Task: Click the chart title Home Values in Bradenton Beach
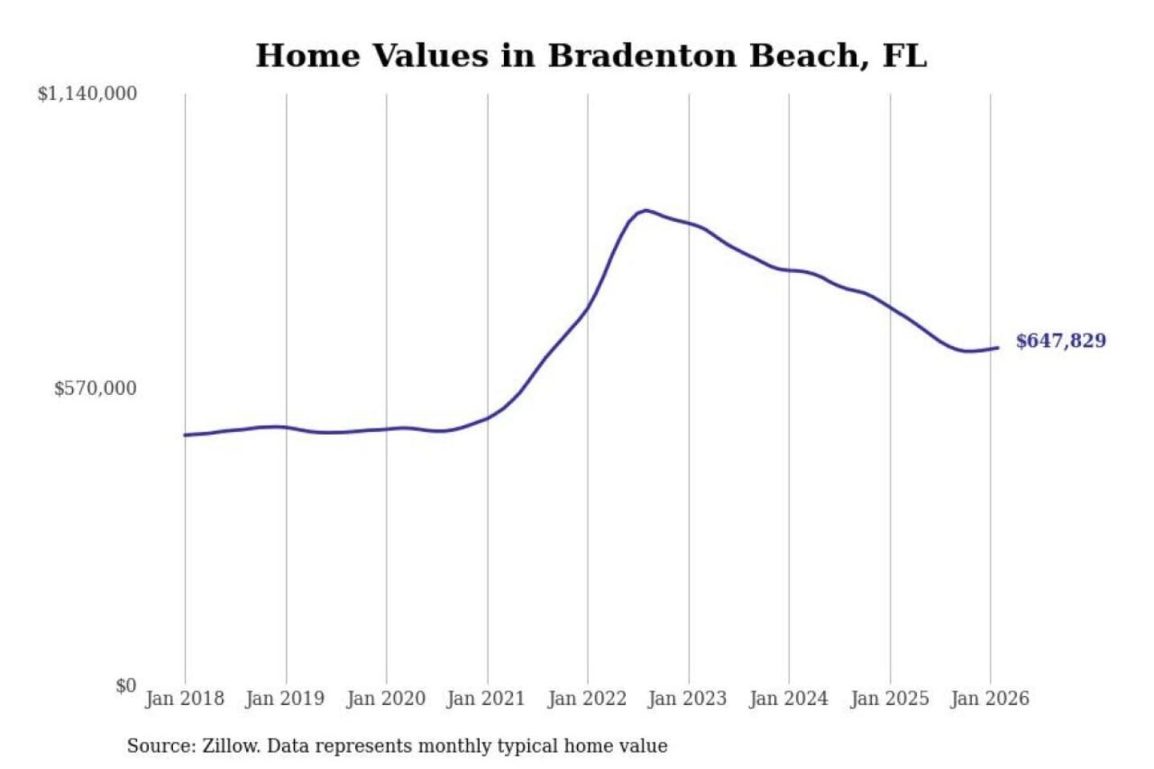591,56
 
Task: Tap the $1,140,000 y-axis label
87,94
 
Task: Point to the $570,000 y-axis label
95,389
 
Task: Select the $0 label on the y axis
126,686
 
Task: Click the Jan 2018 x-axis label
184,699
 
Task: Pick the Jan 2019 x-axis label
285,699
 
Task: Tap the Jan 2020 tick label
385,699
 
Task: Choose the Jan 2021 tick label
486,699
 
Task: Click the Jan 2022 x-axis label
587,699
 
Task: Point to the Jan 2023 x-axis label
688,699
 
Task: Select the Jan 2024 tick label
789,699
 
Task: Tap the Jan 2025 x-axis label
890,699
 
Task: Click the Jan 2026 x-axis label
990,699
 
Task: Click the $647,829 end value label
1061,341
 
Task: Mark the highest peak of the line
646,211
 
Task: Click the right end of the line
998,348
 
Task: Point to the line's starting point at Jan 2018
185,435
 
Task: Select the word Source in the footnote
159,747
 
